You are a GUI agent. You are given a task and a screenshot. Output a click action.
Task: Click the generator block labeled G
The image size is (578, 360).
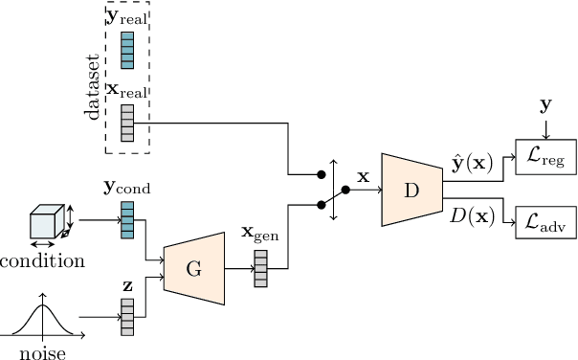[x=193, y=270]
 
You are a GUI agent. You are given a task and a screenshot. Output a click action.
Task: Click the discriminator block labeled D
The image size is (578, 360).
[x=411, y=190]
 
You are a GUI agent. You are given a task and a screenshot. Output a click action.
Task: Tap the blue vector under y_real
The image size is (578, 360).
[x=127, y=50]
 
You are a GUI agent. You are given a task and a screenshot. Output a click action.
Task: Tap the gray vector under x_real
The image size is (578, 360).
[x=127, y=123]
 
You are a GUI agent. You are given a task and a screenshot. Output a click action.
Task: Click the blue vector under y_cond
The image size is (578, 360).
[x=127, y=219]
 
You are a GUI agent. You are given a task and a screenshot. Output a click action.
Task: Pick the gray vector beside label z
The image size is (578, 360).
[x=127, y=317]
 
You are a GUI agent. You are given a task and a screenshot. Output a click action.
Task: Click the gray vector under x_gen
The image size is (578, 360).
[x=260, y=267]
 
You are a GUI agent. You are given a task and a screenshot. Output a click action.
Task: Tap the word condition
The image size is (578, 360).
[x=42, y=260]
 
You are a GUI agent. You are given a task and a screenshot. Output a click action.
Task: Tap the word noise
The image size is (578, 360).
[x=42, y=351]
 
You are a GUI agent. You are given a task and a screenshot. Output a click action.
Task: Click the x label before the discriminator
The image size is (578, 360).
[x=363, y=176]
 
